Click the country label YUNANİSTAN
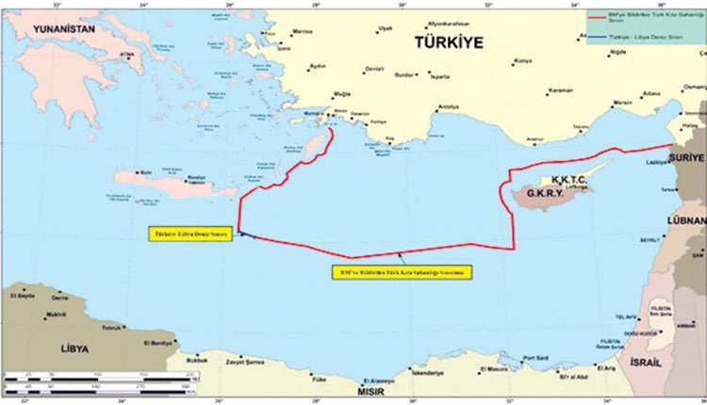coord(65,30)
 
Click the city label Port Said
coord(535,356)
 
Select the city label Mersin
coord(622,101)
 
